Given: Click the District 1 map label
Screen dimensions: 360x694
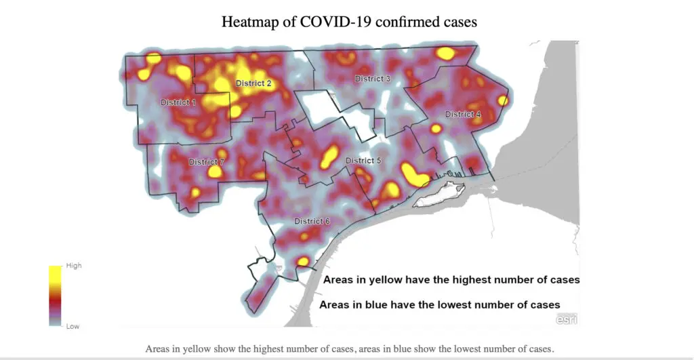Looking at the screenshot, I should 178,102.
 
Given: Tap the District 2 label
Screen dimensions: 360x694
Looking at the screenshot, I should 253,83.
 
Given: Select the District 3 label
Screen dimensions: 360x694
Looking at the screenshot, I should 373,79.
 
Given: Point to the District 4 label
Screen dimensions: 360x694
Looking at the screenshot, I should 463,114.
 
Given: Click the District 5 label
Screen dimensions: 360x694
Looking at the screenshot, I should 364,161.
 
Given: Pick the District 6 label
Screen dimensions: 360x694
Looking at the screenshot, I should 312,221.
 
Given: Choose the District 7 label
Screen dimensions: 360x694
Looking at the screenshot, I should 206,162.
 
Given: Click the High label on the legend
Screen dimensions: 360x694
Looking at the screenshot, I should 73,266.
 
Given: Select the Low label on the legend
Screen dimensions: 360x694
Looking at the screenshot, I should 72,326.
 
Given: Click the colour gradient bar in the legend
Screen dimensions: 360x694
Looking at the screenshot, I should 55,296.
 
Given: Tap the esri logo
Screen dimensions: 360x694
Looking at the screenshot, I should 567,319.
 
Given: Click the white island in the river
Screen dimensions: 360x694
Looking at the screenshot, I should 438,195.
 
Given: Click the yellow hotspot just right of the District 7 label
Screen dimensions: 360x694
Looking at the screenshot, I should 215,172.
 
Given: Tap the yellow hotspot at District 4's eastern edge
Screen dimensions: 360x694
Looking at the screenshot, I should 502,100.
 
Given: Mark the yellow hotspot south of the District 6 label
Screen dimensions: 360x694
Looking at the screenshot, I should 303,261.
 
